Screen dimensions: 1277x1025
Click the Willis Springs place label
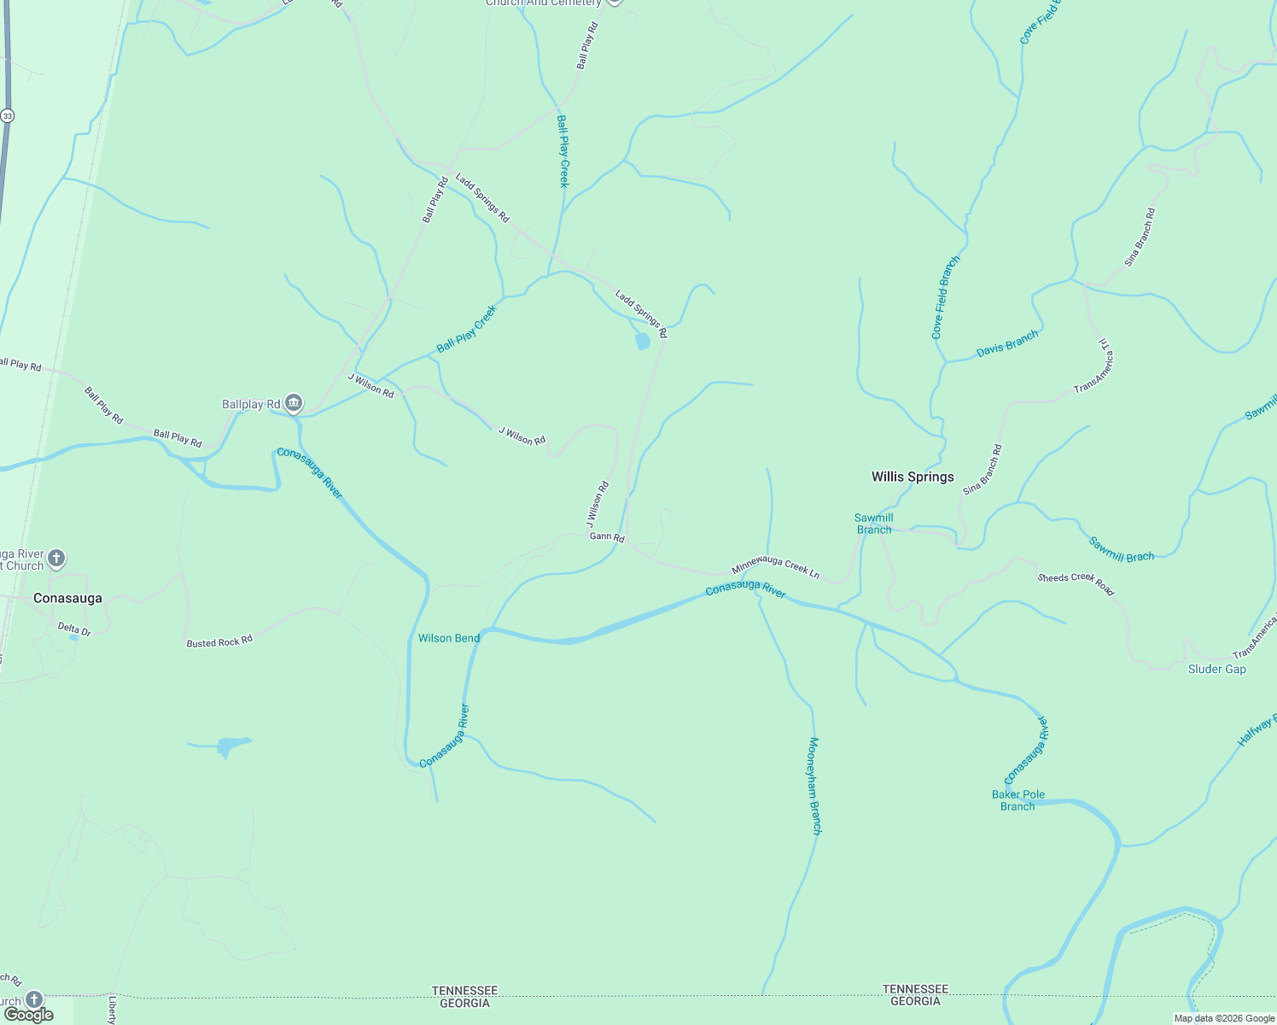click(x=913, y=477)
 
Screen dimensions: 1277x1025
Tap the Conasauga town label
click(x=67, y=599)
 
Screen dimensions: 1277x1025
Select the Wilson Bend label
click(x=449, y=638)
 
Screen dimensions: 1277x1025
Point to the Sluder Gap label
click(x=1216, y=670)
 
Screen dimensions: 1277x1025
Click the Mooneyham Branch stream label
click(x=814, y=786)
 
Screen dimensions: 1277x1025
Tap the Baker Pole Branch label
click(x=1018, y=800)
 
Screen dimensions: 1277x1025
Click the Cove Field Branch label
click(x=945, y=298)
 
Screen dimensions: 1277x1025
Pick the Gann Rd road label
click(x=607, y=537)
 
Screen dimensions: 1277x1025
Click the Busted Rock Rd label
click(x=219, y=641)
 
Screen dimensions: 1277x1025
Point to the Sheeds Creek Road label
click(x=1076, y=583)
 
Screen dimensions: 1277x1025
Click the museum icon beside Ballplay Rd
click(x=294, y=402)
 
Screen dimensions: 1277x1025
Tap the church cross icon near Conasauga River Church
click(x=56, y=559)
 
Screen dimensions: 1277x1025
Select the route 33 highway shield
click(x=8, y=115)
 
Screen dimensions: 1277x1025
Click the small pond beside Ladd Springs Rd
click(x=643, y=342)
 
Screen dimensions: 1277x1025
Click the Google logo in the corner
click(x=28, y=1015)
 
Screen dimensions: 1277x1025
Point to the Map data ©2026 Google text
click(x=1224, y=1018)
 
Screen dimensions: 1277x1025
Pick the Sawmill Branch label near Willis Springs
click(x=874, y=524)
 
